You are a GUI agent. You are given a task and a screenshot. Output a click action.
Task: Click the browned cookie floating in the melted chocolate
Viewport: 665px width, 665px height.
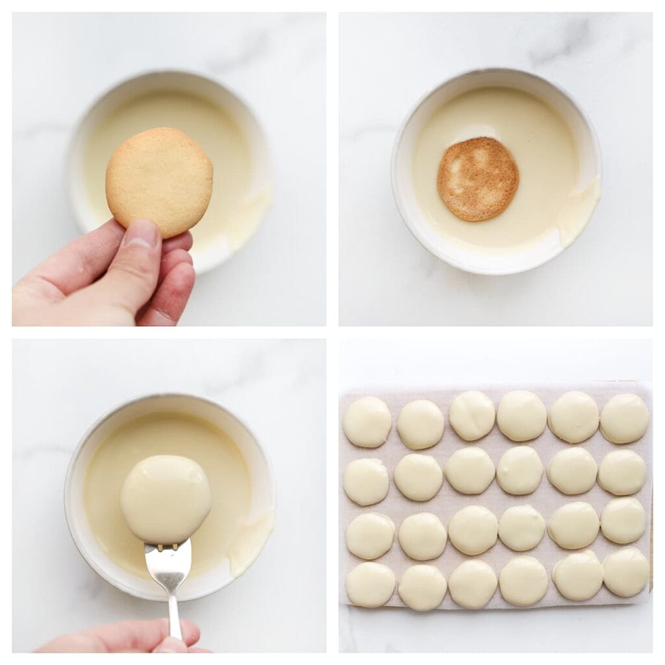point(477,179)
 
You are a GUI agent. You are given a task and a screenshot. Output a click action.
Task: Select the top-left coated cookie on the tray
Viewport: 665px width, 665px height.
point(367,421)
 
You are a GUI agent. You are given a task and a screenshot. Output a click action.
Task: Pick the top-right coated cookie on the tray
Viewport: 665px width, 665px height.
point(624,418)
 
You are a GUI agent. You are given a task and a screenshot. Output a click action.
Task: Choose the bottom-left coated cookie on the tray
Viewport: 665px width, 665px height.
point(370,584)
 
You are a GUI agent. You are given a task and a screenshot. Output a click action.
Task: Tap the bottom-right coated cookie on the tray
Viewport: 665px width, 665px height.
point(626,571)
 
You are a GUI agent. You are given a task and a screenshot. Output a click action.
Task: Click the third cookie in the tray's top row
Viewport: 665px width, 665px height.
point(472,415)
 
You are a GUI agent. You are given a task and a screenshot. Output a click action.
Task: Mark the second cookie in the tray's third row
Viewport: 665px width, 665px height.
point(422,536)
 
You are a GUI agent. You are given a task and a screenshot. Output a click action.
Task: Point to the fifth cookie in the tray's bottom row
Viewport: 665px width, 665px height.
point(577,575)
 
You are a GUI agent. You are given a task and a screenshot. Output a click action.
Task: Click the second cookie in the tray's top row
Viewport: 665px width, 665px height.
point(420,424)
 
